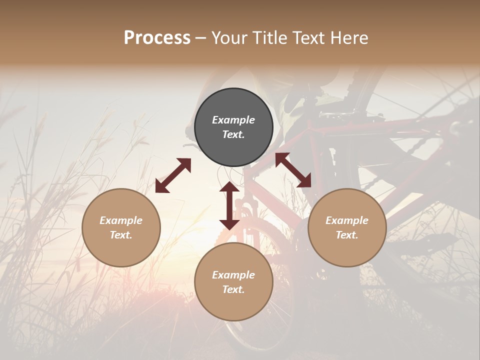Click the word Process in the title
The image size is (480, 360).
tap(157, 38)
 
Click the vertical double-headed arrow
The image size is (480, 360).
tap(229, 206)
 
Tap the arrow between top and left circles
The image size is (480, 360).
tap(173, 175)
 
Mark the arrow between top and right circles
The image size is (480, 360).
tap(293, 170)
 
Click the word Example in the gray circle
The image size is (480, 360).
tap(233, 120)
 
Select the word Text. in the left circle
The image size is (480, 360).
tap(121, 235)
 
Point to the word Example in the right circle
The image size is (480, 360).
tap(347, 220)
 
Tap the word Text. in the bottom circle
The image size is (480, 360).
tap(233, 289)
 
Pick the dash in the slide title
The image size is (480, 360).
tap(201, 38)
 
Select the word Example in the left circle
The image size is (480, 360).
tap(121, 220)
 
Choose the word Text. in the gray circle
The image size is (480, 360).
tap(233, 134)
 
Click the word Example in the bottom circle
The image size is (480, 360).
tap(233, 275)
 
